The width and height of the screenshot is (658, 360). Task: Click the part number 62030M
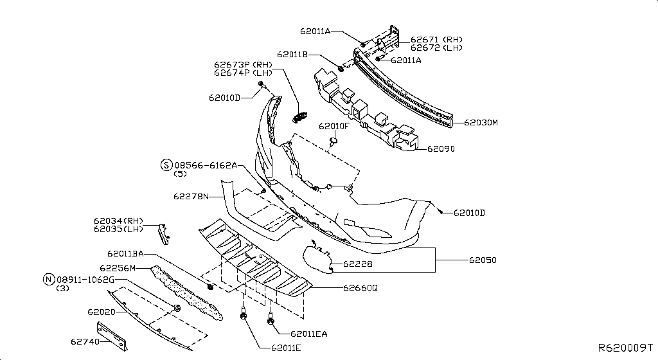click(x=481, y=122)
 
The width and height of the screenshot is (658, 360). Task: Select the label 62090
click(x=441, y=148)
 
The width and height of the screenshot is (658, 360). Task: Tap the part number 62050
click(x=483, y=260)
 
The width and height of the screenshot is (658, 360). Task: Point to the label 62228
click(x=357, y=264)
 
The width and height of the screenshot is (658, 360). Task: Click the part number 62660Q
click(x=360, y=288)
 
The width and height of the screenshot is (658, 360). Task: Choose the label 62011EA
click(x=309, y=334)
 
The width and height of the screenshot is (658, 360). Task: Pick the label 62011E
click(x=281, y=348)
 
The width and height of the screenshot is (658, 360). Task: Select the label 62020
click(x=101, y=312)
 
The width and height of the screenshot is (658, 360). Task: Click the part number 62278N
click(x=191, y=196)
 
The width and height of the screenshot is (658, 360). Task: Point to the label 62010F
click(x=335, y=126)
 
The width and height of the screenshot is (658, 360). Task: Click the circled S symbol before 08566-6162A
click(x=166, y=165)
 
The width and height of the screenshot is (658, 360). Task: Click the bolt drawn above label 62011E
click(x=245, y=315)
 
